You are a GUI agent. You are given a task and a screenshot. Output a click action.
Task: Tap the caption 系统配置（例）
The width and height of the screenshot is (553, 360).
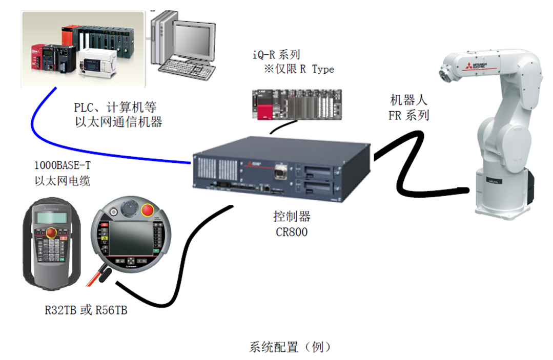tap(290, 347)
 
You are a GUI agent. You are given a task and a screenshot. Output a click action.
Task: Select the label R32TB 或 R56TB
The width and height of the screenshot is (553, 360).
tap(86, 310)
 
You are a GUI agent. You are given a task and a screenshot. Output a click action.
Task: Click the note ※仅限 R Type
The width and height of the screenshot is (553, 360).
tap(299, 69)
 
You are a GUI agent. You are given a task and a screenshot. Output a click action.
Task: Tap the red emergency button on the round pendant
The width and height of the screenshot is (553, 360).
tap(147, 210)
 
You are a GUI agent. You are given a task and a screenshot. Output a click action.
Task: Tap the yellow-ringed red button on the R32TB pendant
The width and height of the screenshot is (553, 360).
tap(52, 234)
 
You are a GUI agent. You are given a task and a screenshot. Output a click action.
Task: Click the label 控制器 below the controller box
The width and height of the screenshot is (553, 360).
tap(292, 217)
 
